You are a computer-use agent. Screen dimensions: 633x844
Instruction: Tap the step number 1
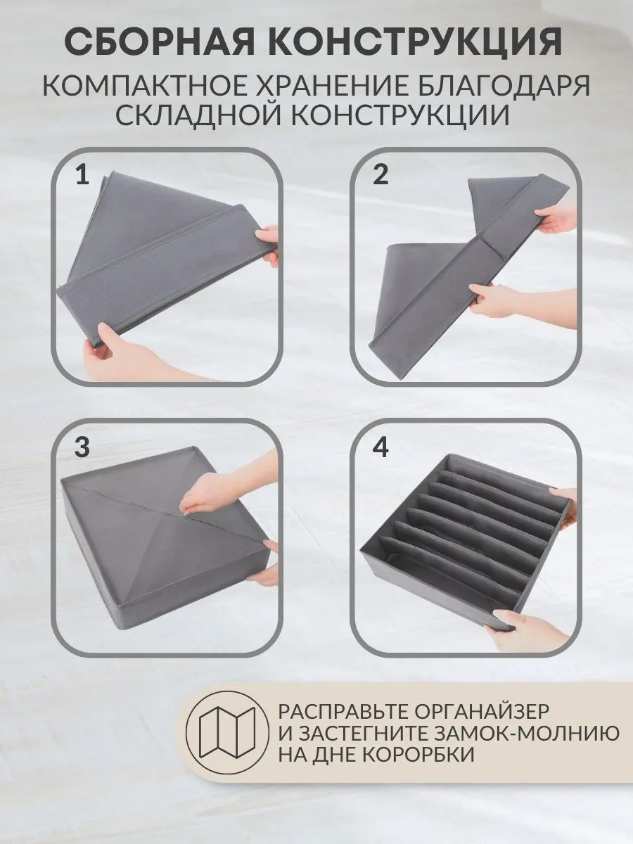point(82,175)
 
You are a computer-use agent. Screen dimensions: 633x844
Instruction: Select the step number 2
point(380,175)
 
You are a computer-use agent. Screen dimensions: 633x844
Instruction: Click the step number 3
point(82,447)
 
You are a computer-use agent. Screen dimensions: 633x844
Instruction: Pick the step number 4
point(381,447)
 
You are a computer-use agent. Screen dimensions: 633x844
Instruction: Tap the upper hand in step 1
point(268,238)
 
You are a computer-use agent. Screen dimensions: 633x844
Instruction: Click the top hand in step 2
point(556,223)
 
